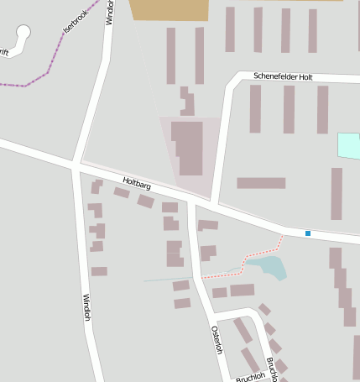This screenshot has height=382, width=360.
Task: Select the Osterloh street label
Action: pos(217,338)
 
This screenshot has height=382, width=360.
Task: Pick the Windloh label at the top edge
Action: pos(110,12)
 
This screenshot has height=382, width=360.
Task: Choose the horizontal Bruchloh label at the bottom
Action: pos(250,377)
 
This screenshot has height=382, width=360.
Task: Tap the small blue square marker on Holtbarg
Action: pos(308,233)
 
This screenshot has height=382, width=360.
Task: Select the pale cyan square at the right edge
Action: pos(348,145)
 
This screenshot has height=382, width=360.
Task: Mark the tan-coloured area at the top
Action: pos(170,9)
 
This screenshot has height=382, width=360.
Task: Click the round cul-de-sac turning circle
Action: pos(22,33)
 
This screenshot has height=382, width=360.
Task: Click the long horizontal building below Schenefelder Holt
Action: pos(261,183)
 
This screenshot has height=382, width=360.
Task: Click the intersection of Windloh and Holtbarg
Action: pos(76,164)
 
